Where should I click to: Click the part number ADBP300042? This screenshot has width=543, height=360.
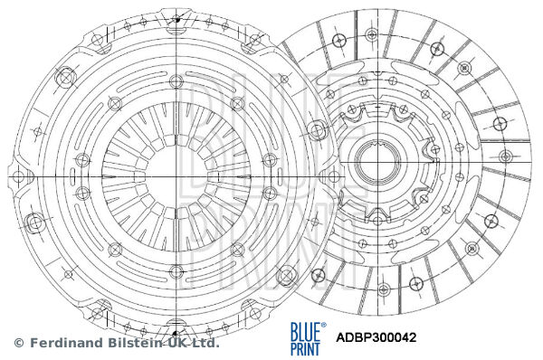(376, 338)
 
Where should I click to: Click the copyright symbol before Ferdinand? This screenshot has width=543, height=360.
(17, 344)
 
